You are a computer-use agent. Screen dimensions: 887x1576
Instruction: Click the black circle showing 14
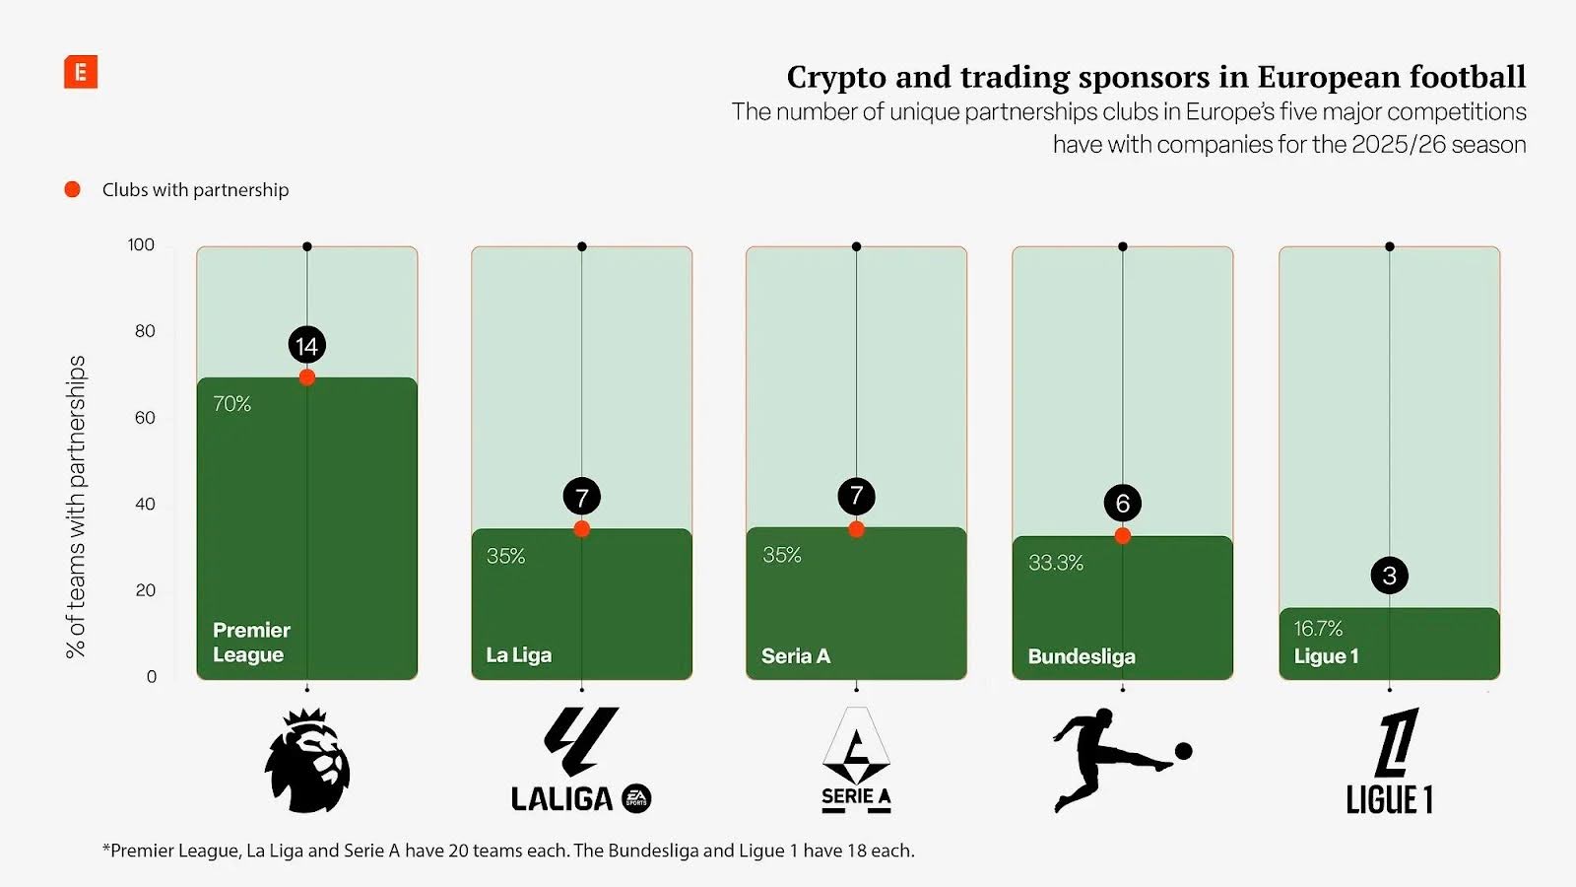(306, 346)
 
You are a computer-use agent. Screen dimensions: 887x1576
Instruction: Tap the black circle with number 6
(1122, 504)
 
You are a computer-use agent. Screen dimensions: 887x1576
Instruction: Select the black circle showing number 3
(1389, 576)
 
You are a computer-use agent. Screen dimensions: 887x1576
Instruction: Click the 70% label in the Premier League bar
(232, 404)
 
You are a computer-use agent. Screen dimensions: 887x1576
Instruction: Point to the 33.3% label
(1056, 563)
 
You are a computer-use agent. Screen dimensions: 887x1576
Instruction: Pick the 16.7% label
(1318, 629)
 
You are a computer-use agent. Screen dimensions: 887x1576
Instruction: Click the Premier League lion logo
(307, 760)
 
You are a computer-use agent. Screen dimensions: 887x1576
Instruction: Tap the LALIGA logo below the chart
(581, 760)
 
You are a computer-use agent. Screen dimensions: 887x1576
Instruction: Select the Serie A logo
(856, 760)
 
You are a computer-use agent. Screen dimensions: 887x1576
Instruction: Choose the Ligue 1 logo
(1390, 762)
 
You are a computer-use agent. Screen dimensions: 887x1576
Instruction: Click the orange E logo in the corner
(81, 72)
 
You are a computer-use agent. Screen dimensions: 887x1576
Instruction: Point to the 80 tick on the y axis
(145, 331)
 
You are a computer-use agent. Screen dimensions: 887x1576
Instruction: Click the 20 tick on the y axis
(145, 590)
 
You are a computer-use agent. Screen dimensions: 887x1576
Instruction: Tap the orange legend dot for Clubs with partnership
(72, 189)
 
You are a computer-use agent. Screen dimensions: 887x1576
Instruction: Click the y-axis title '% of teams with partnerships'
(76, 507)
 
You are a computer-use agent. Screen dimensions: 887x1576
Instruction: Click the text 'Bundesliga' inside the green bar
(1082, 656)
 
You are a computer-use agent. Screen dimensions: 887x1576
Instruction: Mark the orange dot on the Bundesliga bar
(1122, 536)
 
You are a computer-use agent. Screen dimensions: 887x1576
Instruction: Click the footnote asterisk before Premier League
(106, 849)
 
